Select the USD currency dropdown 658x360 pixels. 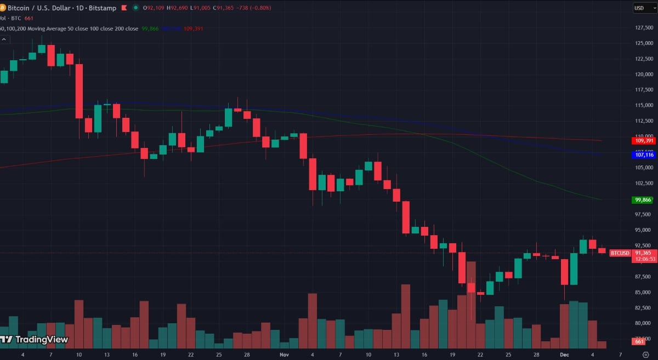click(x=640, y=8)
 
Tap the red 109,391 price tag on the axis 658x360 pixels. click(x=643, y=141)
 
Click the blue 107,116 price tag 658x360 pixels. click(x=643, y=155)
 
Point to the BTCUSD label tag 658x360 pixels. click(x=620, y=253)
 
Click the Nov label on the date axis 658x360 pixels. click(x=284, y=355)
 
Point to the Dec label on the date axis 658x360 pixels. click(x=565, y=355)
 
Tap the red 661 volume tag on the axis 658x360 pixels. click(x=639, y=342)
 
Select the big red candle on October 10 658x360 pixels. click(x=79, y=91)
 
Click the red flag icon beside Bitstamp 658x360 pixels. click(x=123, y=8)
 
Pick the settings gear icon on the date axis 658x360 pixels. click(x=645, y=355)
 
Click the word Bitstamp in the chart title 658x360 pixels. click(x=104, y=8)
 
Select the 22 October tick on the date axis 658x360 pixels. click(x=190, y=355)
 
